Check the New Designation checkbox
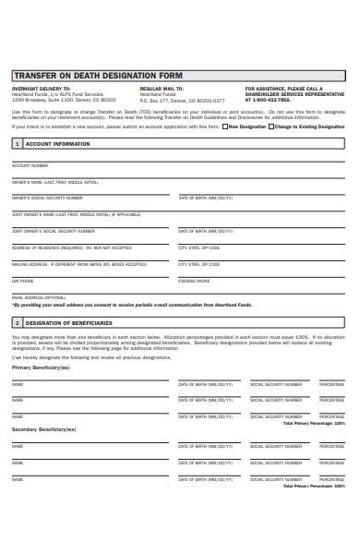point(224,126)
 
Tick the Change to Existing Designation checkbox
point(270,126)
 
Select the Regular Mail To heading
point(161,89)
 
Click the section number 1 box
point(17,144)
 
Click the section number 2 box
point(17,322)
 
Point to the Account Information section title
point(58,144)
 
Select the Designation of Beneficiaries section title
point(69,322)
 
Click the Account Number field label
point(30,165)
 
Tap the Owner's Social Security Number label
point(47,198)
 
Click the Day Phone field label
point(22,280)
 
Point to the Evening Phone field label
point(194,280)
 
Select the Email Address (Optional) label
point(38,296)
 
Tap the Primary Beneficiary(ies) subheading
point(41,367)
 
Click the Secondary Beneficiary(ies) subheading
point(43,429)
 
